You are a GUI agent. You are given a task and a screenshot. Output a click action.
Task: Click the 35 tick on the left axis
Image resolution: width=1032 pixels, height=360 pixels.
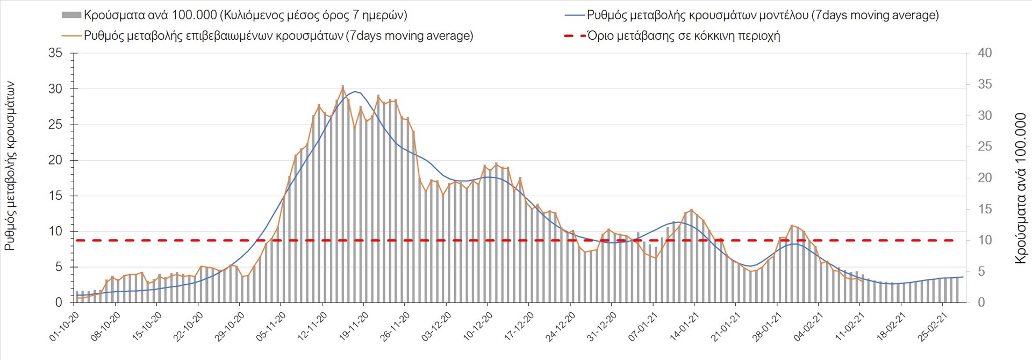(55, 53)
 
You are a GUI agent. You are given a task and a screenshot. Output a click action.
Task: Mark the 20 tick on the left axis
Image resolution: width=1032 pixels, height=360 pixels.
(55, 160)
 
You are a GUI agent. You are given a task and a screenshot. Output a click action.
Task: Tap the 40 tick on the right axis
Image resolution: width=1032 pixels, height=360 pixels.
(985, 53)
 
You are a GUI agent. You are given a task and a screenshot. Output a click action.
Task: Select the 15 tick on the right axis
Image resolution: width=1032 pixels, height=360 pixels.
(985, 209)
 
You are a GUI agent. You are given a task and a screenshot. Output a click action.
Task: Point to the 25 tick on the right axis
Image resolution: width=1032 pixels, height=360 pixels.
(985, 147)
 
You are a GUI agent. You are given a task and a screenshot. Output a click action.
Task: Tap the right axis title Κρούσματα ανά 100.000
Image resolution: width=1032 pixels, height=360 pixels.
(1020, 188)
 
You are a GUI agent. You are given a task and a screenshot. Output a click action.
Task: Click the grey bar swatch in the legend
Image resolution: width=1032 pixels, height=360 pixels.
(71, 15)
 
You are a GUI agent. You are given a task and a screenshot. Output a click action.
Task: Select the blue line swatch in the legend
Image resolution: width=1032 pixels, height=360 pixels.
(575, 15)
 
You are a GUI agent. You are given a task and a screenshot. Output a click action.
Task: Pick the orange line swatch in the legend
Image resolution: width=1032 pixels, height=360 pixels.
(71, 36)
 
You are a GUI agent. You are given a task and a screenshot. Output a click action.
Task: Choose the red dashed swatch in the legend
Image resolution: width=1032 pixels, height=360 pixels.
(575, 36)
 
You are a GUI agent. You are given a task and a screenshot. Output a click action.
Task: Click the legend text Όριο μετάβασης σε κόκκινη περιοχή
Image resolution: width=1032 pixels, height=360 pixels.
(683, 36)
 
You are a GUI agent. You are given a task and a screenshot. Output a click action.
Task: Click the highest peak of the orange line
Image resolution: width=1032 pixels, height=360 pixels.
(343, 87)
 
